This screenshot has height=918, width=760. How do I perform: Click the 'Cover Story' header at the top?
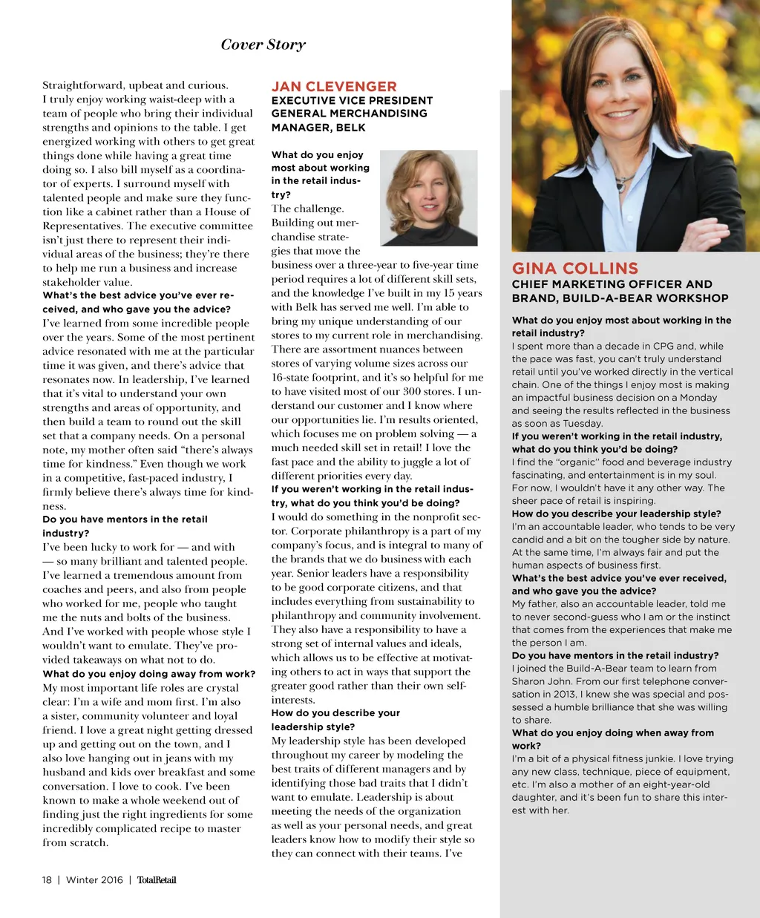pyautogui.click(x=263, y=45)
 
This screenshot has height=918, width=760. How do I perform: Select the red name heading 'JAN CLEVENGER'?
pyautogui.click(x=334, y=86)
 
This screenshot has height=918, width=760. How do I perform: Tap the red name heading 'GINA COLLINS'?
pyautogui.click(x=574, y=268)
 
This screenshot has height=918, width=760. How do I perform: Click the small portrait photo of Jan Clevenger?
pyautogui.click(x=428, y=198)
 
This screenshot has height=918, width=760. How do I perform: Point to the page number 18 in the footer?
pyautogui.click(x=47, y=880)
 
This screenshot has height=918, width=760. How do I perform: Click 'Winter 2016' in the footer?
pyautogui.click(x=94, y=880)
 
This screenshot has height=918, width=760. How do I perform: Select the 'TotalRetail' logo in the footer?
pyautogui.click(x=157, y=880)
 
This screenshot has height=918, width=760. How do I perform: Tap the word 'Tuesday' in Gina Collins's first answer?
pyautogui.click(x=583, y=423)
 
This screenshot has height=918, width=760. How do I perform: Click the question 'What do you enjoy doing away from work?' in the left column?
pyautogui.click(x=148, y=674)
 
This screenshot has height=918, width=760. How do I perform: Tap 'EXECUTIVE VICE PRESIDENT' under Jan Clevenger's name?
pyautogui.click(x=352, y=100)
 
